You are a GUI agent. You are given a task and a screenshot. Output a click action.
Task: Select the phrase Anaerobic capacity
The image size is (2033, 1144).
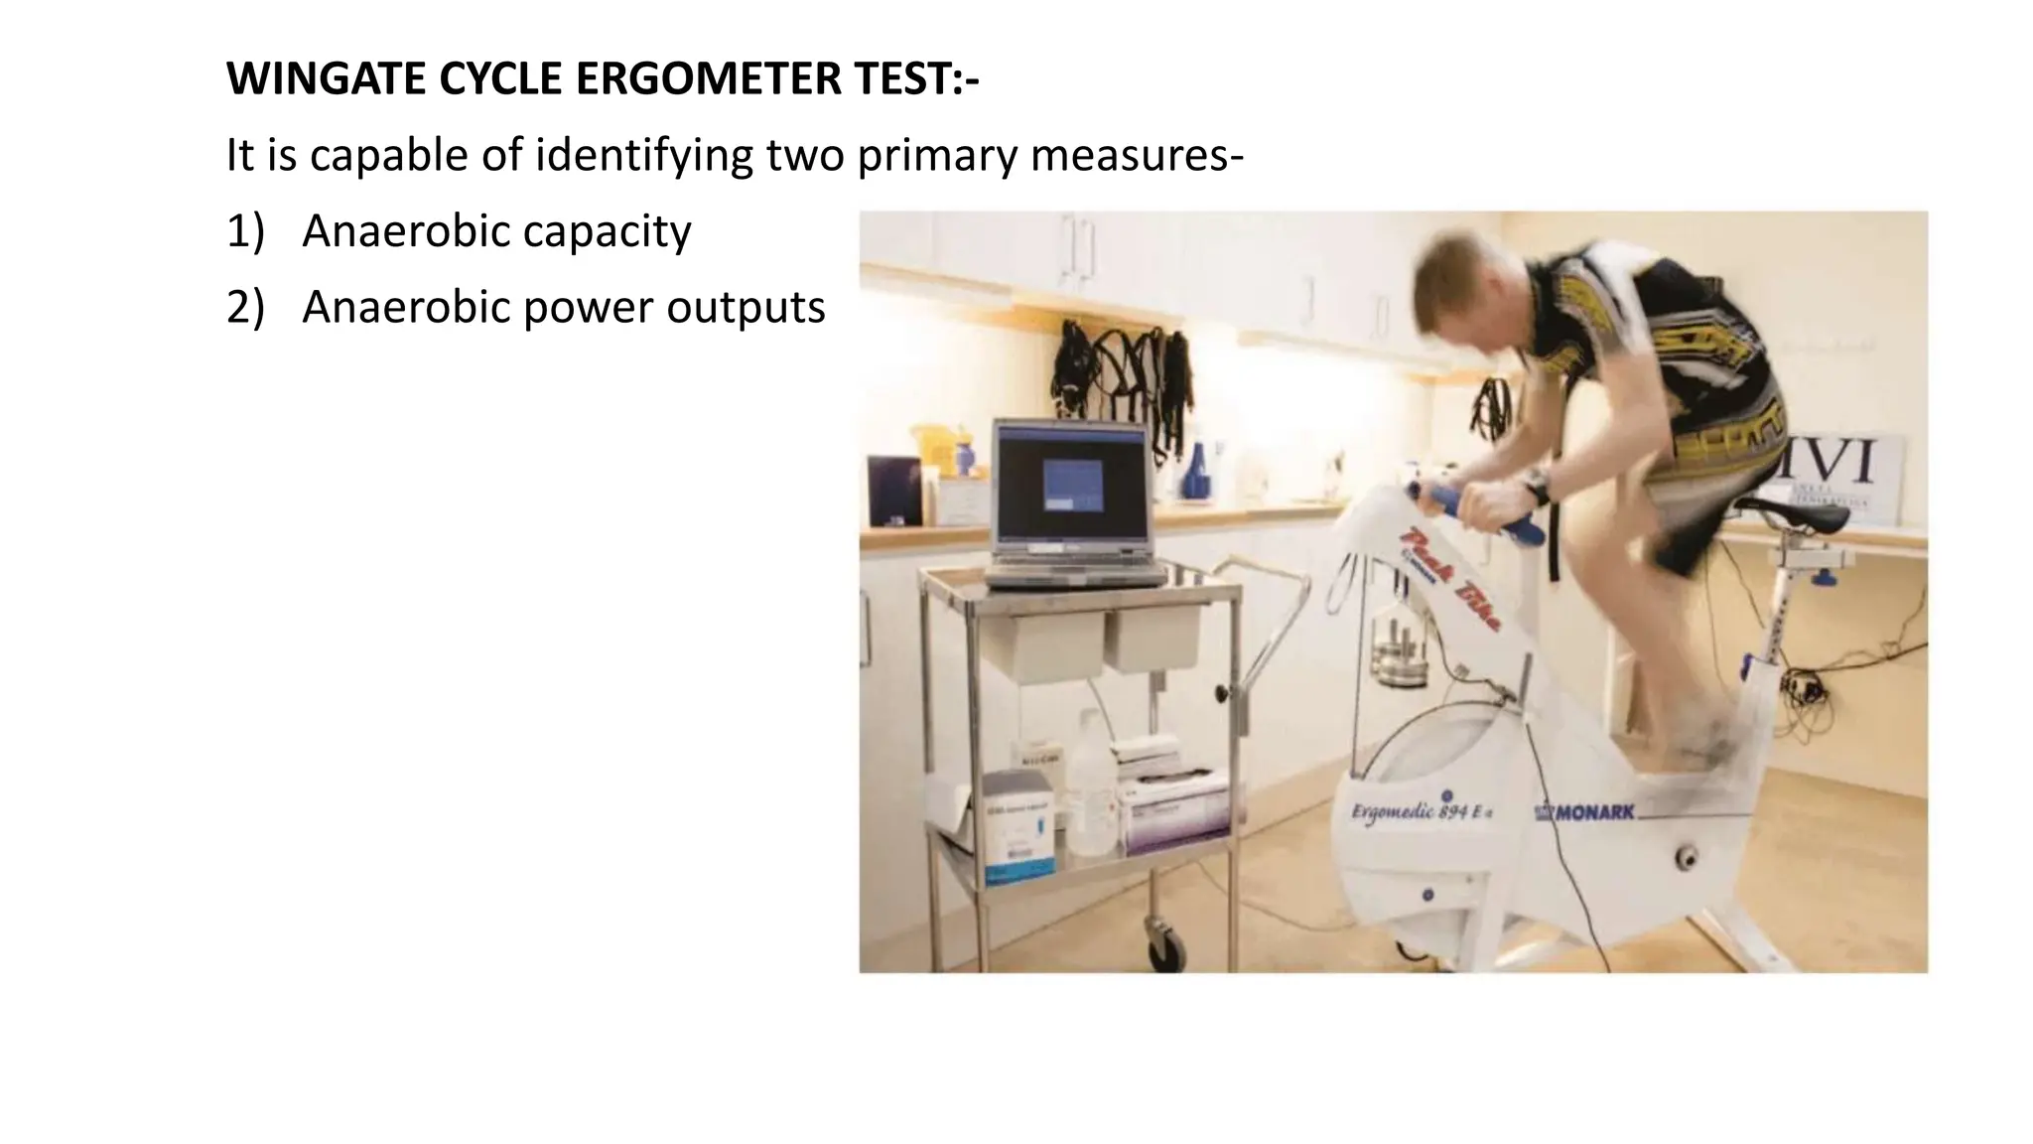[496, 231]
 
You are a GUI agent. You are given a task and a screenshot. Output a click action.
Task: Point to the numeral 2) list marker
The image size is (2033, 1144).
[245, 308]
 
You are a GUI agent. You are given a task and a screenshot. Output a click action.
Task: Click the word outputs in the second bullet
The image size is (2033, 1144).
[745, 308]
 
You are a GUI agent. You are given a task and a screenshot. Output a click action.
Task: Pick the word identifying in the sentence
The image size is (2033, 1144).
[647, 156]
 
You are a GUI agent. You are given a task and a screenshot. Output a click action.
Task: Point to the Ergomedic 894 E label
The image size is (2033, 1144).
[1421, 812]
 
